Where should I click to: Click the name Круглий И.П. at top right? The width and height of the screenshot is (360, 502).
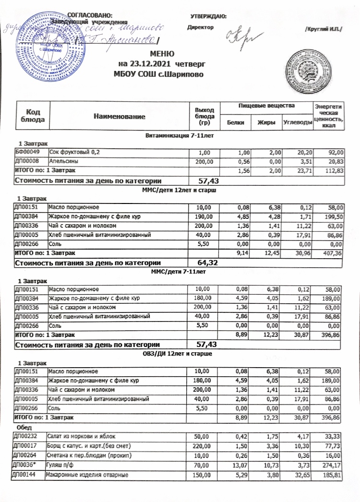[323, 30]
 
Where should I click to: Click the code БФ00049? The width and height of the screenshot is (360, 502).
[26, 152]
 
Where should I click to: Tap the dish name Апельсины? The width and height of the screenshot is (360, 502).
[62, 161]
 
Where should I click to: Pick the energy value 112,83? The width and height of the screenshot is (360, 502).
[332, 170]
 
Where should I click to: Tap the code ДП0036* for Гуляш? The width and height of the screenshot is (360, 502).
[25, 464]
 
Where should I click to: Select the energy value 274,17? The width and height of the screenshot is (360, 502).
[332, 464]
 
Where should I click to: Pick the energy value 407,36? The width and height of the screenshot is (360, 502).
[332, 252]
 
